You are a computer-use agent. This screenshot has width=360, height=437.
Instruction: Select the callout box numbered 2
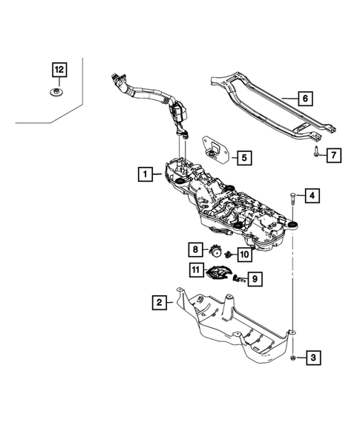(x=159, y=302)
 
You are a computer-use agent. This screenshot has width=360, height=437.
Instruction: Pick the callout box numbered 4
(x=313, y=196)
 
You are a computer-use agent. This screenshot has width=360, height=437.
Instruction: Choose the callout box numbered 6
(x=304, y=97)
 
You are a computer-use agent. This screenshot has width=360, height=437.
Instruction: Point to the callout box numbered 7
(x=334, y=155)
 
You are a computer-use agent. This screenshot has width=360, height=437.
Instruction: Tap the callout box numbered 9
(x=254, y=278)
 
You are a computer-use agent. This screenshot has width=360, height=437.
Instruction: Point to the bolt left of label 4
(x=292, y=198)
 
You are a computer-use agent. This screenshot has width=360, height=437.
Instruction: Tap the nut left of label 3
(x=292, y=358)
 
